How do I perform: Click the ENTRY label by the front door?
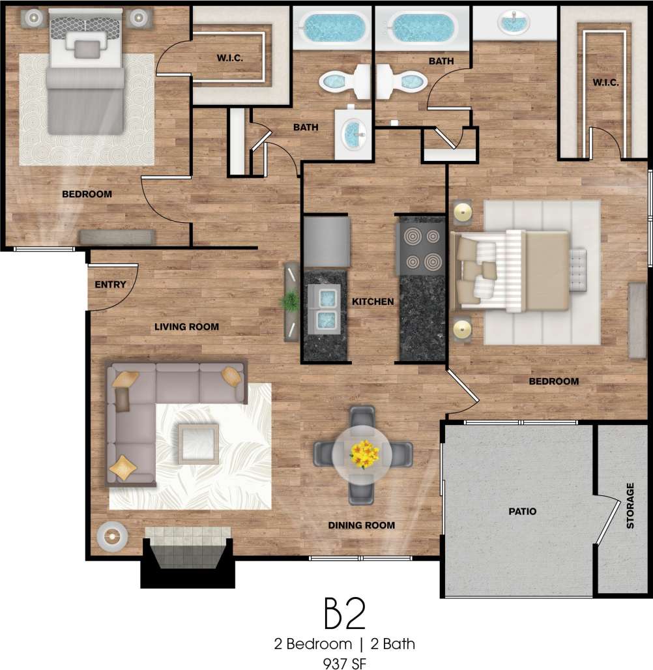(110, 285)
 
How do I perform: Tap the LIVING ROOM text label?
(186, 327)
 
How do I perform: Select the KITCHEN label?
(373, 302)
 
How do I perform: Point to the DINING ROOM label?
(361, 525)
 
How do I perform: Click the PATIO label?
(523, 512)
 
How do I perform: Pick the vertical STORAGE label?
(630, 505)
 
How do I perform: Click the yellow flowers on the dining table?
(364, 454)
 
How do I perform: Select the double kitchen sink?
(325, 308)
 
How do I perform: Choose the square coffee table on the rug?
(198, 443)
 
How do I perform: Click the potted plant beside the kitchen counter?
(291, 301)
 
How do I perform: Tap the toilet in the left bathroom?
(345, 81)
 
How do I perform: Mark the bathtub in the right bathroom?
(421, 28)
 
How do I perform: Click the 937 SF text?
(344, 663)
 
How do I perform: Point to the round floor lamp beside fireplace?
(110, 536)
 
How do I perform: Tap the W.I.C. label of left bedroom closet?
(229, 58)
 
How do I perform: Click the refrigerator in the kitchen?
(326, 242)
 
